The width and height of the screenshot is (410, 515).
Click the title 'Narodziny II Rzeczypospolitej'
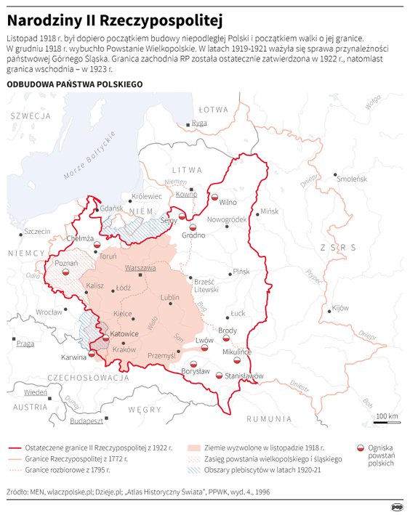[115, 17]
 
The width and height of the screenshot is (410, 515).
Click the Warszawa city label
[140, 268]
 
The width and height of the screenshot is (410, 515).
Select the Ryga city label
[199, 123]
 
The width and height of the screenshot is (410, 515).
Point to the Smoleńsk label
[352, 178]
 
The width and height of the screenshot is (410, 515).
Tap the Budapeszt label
[87, 420]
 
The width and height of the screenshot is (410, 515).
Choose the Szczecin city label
[37, 232]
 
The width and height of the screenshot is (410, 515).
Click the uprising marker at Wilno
[214, 197]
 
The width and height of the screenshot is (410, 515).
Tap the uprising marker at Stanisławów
[220, 376]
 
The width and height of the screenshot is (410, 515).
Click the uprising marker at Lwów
[204, 348]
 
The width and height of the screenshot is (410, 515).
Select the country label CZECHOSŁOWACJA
[79, 378]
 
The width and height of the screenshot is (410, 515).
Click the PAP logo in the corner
[397, 506]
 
